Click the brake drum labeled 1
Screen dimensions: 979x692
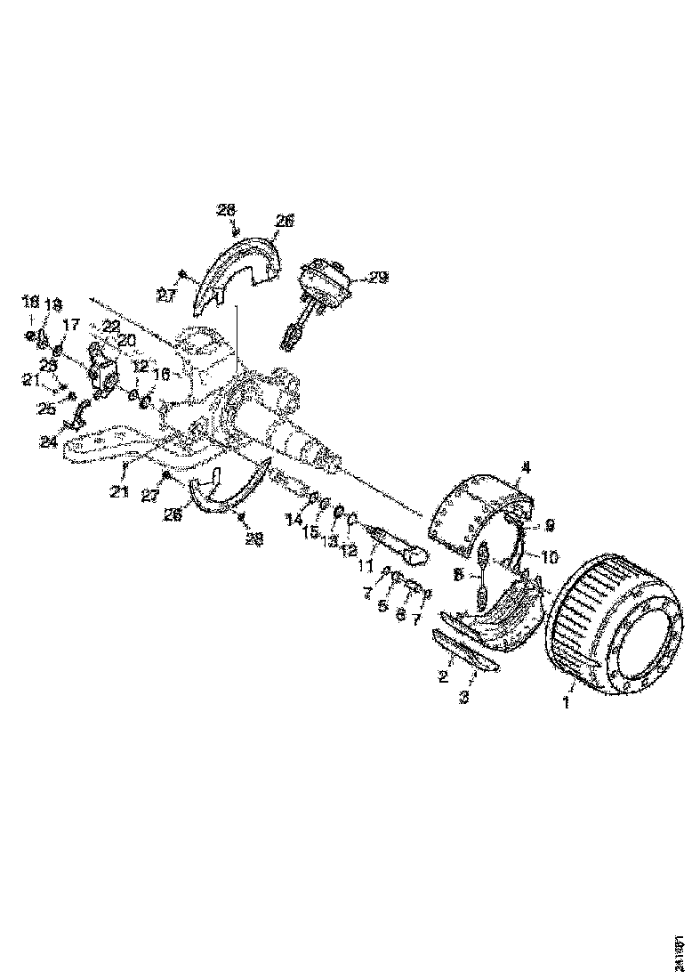tap(618, 623)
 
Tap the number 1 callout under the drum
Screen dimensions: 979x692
tap(562, 701)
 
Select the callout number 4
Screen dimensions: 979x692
tap(526, 466)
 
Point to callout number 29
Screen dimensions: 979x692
tap(378, 278)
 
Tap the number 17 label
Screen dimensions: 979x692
tap(71, 324)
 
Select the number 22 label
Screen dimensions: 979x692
tap(110, 326)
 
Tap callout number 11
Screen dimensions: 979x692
tap(363, 565)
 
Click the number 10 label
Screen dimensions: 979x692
tap(550, 557)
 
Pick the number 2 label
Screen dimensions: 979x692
tap(442, 677)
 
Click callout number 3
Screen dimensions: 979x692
tap(464, 698)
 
